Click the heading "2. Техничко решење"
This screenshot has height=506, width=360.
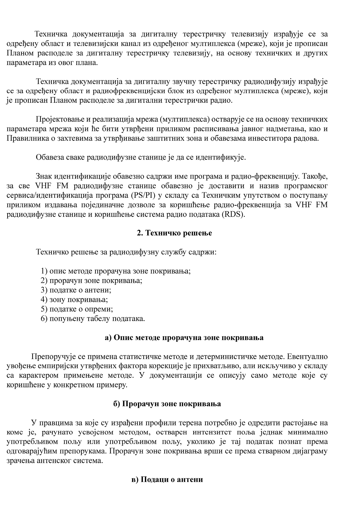point(174,233)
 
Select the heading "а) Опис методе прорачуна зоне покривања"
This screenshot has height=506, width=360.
point(184,338)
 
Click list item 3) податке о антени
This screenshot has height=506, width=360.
point(76,290)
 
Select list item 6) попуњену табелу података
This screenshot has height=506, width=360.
point(93,319)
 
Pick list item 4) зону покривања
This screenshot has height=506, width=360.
point(74,300)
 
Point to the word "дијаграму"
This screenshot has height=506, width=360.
point(312,451)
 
